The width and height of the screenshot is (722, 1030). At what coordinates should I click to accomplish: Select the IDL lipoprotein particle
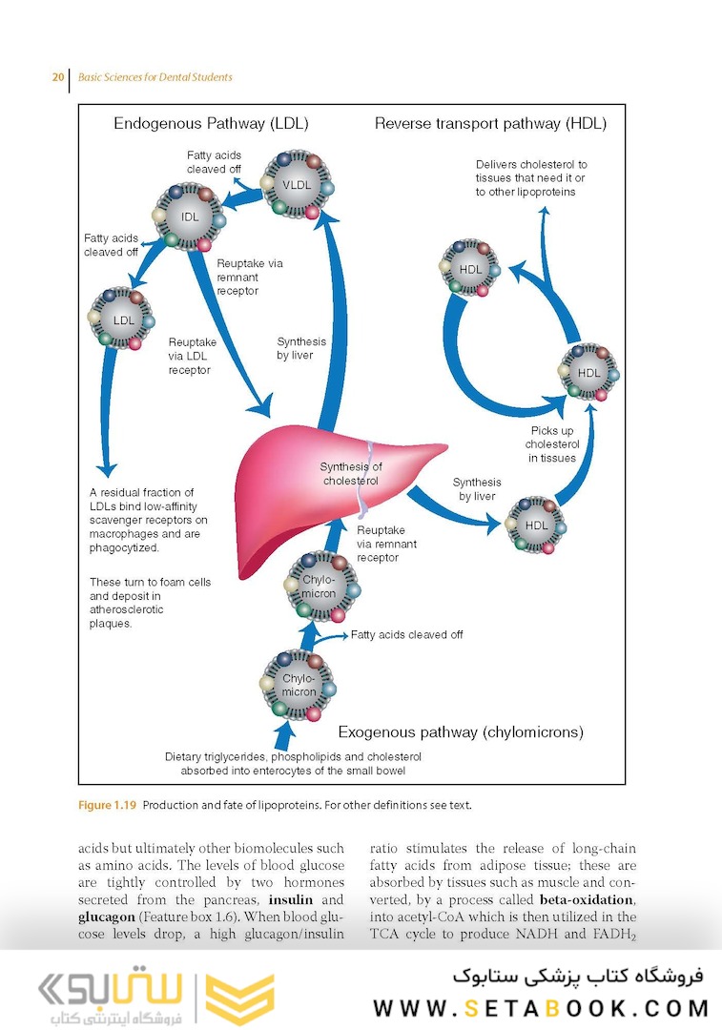click(x=191, y=216)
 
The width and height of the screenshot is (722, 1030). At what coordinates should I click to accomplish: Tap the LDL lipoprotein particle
click(x=124, y=319)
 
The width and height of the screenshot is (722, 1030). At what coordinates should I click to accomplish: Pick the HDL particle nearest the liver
click(x=537, y=525)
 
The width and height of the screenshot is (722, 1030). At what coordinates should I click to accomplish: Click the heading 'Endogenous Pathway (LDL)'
click(x=211, y=123)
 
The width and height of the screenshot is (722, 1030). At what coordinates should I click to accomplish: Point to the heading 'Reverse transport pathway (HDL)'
click(x=490, y=123)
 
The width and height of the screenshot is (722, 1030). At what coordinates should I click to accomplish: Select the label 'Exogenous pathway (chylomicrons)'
click(x=461, y=732)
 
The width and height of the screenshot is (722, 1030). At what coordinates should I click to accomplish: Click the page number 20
click(x=57, y=77)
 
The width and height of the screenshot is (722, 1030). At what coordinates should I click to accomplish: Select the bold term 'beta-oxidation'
click(x=587, y=899)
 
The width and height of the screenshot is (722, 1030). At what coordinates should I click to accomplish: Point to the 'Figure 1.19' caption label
click(x=106, y=805)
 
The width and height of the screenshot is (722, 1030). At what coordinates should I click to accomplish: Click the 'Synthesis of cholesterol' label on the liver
click(x=351, y=474)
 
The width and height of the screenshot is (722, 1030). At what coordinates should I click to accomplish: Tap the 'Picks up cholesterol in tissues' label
click(x=552, y=444)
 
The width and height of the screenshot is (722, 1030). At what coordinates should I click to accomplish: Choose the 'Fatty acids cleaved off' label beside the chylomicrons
click(x=406, y=634)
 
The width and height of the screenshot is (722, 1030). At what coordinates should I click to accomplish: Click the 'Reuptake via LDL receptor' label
click(x=192, y=356)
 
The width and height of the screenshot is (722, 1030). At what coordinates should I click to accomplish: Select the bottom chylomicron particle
click(x=299, y=685)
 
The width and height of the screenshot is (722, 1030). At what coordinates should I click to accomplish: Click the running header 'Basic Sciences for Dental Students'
click(x=155, y=77)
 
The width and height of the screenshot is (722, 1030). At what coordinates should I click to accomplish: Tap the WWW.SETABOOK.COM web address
click(x=541, y=1008)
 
